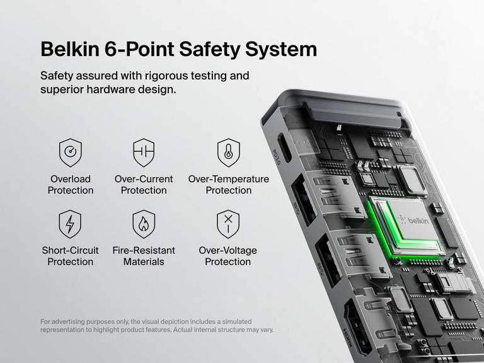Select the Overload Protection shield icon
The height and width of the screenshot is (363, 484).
coord(70,153)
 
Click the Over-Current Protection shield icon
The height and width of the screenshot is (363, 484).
coord(144,153)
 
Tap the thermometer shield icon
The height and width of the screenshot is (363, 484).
coord(228,153)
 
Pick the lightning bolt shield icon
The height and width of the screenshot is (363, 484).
coord(70,224)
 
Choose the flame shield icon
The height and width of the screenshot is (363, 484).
coord(144,224)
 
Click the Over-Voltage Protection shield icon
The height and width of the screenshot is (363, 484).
coord(228,224)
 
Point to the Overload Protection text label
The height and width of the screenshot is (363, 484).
coord(70,185)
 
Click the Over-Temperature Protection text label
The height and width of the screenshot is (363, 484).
coord(228,185)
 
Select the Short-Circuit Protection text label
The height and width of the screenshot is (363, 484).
coord(70,256)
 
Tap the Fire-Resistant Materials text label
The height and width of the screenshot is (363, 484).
coord(144,256)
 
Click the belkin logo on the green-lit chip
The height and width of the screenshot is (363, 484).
coord(413,220)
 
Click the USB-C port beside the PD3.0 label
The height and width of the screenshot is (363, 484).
coord(285,148)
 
